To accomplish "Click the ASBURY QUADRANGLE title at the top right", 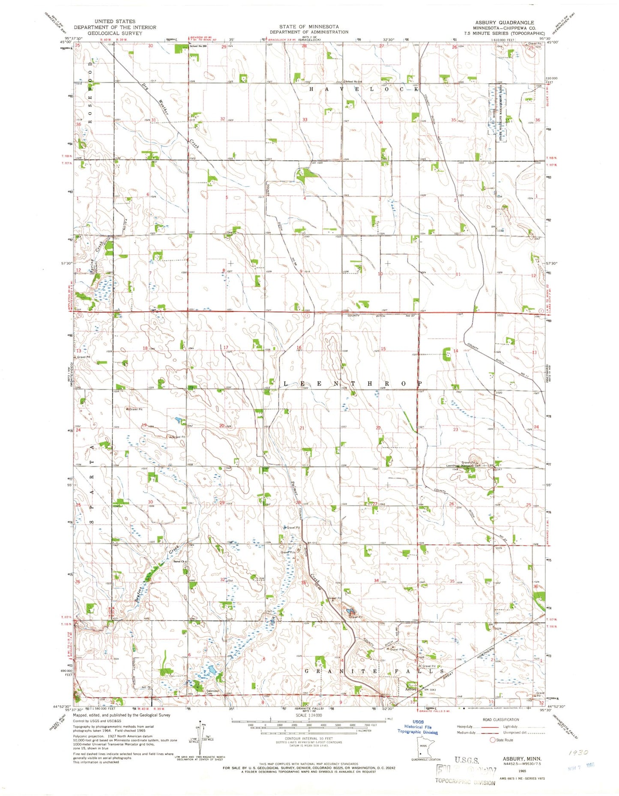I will coord(504,22).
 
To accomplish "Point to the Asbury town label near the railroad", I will coord(411,701).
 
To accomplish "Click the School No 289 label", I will coord(198,46).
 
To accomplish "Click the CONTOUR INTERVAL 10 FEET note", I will coord(309,739).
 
